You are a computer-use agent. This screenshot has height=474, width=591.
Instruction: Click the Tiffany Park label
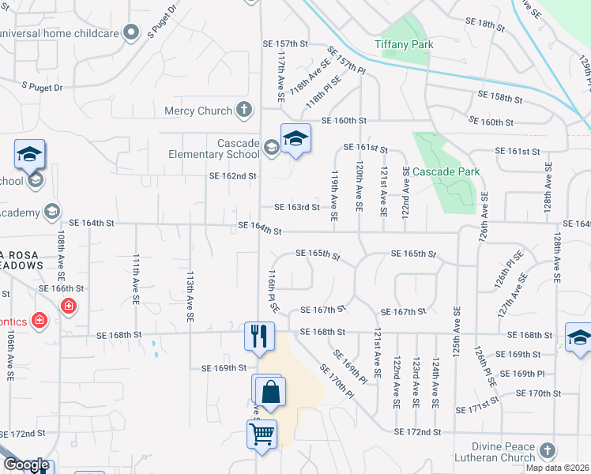404,44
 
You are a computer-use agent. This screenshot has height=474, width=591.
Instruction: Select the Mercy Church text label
198,111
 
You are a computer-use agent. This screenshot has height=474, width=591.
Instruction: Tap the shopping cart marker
261,433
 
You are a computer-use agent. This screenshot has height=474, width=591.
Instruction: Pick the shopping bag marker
269,391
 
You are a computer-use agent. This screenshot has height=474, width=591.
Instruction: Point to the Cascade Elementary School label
214,149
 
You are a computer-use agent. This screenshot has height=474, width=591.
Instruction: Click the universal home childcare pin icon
132,32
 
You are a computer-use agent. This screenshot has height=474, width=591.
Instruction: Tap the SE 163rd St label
296,208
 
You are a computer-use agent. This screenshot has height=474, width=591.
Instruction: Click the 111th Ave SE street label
136,274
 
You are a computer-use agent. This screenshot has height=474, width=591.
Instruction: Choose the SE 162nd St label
232,176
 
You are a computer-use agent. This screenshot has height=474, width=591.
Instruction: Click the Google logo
26,465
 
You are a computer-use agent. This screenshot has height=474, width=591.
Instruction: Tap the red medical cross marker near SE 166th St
69,305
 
